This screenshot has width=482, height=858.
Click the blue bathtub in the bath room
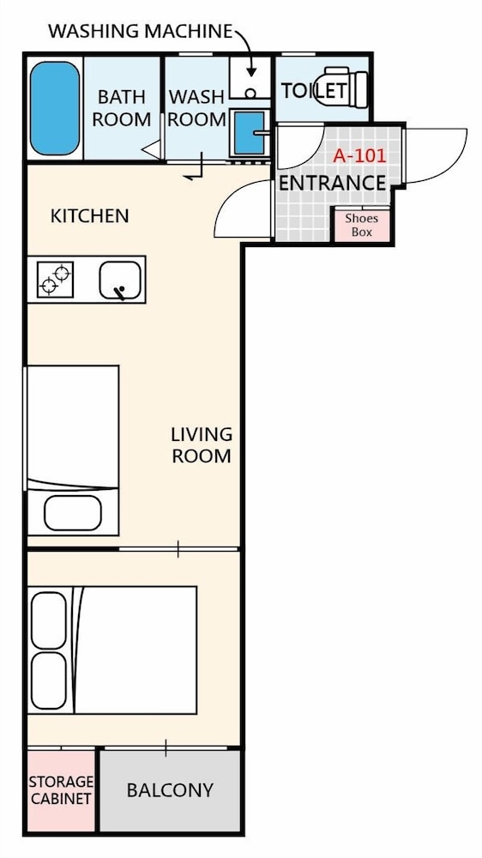click(x=55, y=108)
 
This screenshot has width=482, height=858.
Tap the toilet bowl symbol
click(x=346, y=87)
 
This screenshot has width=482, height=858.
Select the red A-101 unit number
click(x=359, y=156)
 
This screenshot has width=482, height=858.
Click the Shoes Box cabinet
click(x=362, y=224)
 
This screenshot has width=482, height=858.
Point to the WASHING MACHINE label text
click(x=141, y=31)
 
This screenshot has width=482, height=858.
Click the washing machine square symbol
click(x=250, y=78)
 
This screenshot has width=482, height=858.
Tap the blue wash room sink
click(x=250, y=132)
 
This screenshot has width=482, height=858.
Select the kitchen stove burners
click(x=55, y=279)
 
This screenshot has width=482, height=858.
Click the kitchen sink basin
click(x=120, y=280)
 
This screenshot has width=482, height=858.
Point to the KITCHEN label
click(x=90, y=216)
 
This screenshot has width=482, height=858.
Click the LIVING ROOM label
click(x=202, y=445)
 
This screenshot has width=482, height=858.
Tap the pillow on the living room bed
click(x=73, y=513)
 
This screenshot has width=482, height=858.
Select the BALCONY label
click(x=170, y=790)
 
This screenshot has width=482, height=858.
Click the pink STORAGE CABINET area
click(x=61, y=791)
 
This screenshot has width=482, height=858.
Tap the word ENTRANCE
click(x=333, y=184)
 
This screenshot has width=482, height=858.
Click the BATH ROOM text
click(x=122, y=108)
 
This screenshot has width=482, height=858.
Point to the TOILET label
click(x=314, y=90)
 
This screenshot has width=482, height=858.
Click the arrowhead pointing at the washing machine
click(x=251, y=72)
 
